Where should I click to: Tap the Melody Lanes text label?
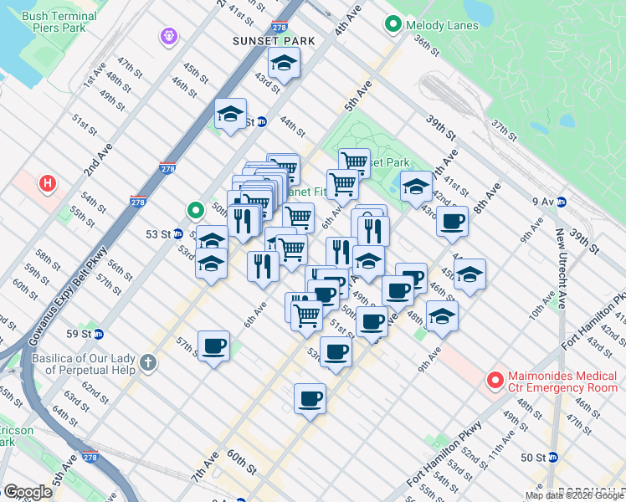pyautogui.click(x=442, y=25)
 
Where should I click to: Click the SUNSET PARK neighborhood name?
pyautogui.click(x=274, y=40)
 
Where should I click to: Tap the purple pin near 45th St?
pyautogui.click(x=169, y=37)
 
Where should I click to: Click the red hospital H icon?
pyautogui.click(x=49, y=182)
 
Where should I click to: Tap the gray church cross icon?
pyautogui.click(x=148, y=362)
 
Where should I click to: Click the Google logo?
pyautogui.click(x=28, y=492)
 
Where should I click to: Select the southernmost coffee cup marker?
pyautogui.click(x=310, y=398)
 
